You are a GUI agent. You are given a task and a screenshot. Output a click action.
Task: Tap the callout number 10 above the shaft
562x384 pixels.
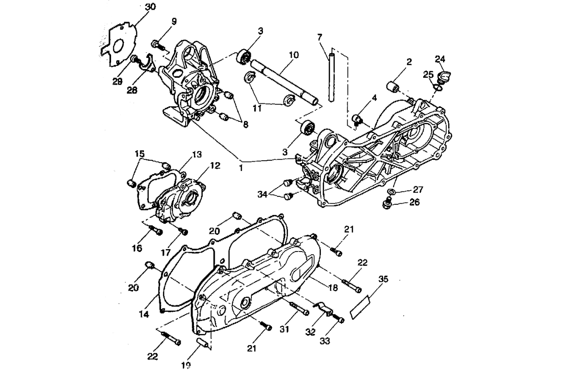pyautogui.click(x=293, y=55)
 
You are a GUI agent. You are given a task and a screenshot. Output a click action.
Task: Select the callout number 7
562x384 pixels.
pyautogui.click(x=319, y=37)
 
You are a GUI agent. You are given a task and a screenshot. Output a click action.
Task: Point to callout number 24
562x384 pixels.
pyautogui.click(x=440, y=59)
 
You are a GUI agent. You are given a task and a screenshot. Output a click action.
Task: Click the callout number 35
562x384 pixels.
pyautogui.click(x=383, y=279)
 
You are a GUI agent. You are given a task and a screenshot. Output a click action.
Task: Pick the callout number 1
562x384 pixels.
pyautogui.click(x=241, y=168)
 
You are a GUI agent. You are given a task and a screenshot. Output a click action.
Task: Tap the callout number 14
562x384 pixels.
pyautogui.click(x=144, y=315)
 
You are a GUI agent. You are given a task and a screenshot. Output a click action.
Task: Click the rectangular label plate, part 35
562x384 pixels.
pyautogui.click(x=361, y=308)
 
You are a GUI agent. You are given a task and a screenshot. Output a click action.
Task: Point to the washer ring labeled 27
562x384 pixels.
pyautogui.click(x=391, y=191)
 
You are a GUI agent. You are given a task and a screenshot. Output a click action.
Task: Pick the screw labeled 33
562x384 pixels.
pyautogui.click(x=338, y=319)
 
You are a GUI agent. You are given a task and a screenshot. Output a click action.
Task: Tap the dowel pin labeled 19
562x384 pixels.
pyautogui.click(x=202, y=343)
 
